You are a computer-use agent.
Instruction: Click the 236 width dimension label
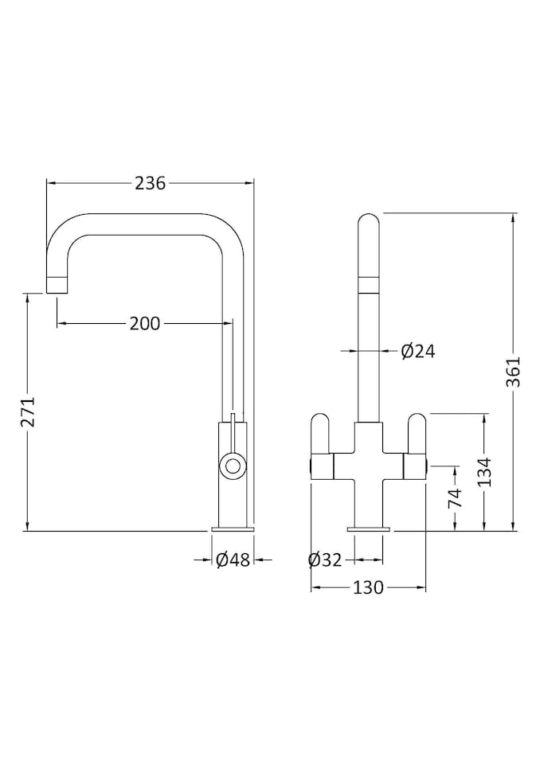click(150, 183)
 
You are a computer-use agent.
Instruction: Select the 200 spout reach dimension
click(145, 323)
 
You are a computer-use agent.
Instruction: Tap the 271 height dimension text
click(29, 411)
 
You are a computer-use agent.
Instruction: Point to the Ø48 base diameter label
click(233, 560)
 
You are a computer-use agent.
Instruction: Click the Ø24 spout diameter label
click(418, 351)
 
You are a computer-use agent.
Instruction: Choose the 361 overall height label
click(513, 372)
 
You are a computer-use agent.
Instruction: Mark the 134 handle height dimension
click(485, 472)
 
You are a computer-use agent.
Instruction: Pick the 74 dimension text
click(455, 499)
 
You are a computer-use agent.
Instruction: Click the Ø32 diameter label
click(325, 560)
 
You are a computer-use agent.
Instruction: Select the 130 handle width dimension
click(368, 588)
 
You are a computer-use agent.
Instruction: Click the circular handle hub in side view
click(233, 465)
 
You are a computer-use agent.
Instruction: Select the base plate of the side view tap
click(233, 528)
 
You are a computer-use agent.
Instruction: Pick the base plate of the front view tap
click(368, 528)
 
